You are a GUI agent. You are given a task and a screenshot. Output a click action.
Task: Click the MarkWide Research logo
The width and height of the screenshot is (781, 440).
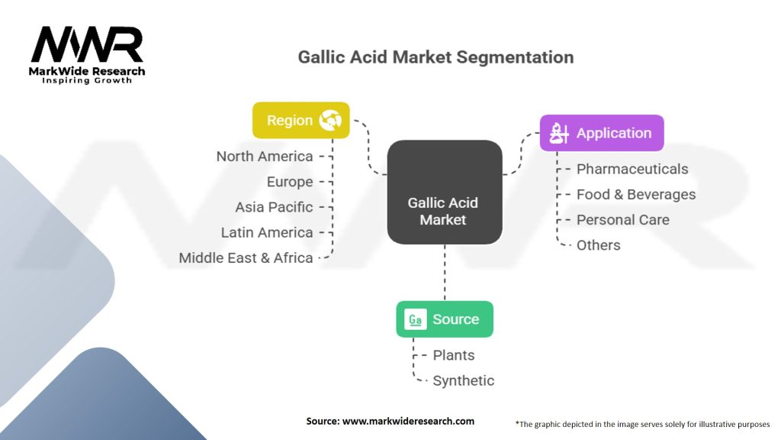88,54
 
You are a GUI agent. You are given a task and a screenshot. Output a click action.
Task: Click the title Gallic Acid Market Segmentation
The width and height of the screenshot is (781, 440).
435,57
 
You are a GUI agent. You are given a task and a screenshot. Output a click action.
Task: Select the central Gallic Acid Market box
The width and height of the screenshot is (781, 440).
444,192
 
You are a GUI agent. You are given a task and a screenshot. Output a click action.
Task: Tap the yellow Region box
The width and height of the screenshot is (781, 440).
301,120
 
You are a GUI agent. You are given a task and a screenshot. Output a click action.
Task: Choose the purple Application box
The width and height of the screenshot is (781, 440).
602,133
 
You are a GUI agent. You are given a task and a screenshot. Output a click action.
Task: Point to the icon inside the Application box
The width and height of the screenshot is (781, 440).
561,134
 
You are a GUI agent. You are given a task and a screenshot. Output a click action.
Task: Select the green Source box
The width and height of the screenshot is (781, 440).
444,319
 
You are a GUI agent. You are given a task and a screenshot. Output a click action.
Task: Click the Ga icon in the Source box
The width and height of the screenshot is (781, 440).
416,320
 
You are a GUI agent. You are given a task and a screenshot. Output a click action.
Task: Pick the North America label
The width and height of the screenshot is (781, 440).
265,157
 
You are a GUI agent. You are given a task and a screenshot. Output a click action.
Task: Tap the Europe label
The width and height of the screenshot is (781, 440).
290,182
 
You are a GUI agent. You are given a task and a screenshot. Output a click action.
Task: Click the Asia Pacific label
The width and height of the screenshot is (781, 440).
274,207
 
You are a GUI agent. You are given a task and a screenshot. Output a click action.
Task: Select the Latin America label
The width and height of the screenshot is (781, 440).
267,232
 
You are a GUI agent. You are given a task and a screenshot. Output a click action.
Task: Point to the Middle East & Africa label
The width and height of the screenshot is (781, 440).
246,258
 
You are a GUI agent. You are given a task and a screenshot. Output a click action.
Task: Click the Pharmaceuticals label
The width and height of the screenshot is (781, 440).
632,169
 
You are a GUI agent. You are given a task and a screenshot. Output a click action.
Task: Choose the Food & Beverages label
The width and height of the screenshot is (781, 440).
636,194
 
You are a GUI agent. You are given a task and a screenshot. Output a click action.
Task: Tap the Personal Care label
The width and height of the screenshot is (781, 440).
623,219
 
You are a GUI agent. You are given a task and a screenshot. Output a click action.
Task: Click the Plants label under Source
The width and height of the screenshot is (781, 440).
454,355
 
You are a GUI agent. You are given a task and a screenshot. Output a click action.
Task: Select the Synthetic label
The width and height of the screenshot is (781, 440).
464,380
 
